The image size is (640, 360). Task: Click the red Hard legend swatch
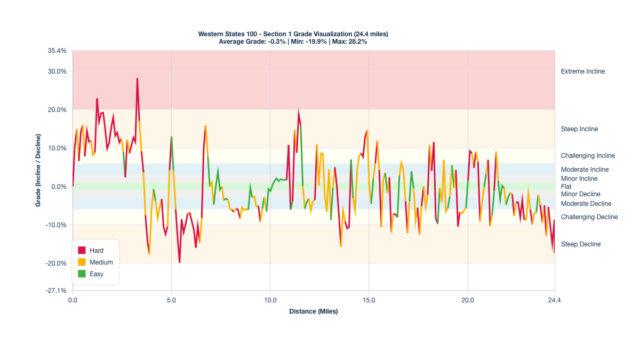(x=82, y=250)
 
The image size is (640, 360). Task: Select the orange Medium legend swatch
(x=82, y=262)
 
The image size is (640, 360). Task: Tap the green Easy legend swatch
(x=82, y=274)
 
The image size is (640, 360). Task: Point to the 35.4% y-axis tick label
(x=57, y=51)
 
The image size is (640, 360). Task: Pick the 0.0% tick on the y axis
(x=59, y=187)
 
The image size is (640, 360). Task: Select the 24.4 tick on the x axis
(x=555, y=301)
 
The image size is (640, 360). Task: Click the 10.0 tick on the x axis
(x=270, y=301)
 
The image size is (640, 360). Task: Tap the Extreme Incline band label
(x=583, y=71)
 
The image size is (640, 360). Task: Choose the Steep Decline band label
(x=581, y=244)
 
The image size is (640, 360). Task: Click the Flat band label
(x=566, y=187)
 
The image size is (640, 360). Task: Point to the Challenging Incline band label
(x=588, y=156)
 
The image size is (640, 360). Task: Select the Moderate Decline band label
(x=586, y=204)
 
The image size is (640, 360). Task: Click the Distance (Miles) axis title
(x=314, y=311)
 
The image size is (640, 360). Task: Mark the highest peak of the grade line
(x=137, y=79)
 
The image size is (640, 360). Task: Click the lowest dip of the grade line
(x=179, y=262)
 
